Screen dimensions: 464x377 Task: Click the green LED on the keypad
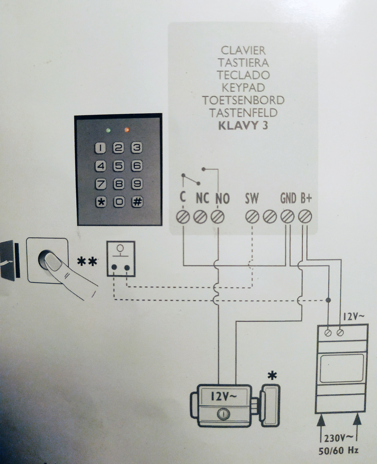[108, 130]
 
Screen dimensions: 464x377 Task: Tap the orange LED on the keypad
[127, 130]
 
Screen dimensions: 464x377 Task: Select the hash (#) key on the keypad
[137, 202]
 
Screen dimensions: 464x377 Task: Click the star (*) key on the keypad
[101, 202]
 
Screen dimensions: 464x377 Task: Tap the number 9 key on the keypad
[137, 184]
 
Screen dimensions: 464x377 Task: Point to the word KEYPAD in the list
[243, 88]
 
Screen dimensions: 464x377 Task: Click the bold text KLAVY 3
[243, 125]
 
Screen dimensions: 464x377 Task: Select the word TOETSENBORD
[243, 100]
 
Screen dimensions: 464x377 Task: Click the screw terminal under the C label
[183, 217]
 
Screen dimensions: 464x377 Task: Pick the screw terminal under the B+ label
[305, 216]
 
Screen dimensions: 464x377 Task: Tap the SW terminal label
[252, 199]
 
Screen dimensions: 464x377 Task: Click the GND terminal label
[288, 199]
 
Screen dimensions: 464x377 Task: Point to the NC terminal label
[202, 198]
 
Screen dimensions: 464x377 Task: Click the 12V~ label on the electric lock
[223, 397]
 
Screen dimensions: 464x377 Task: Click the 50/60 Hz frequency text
[338, 450]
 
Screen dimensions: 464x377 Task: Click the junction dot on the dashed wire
[328, 300]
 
